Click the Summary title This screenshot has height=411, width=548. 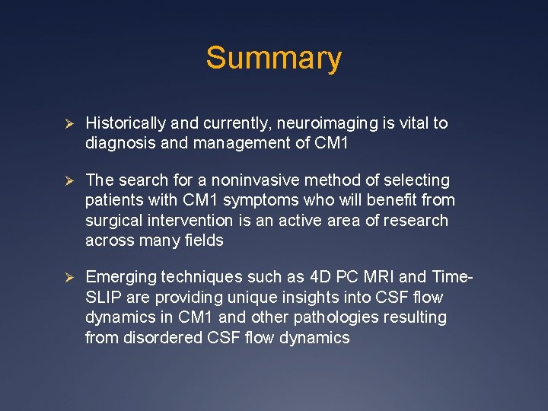click(x=273, y=59)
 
